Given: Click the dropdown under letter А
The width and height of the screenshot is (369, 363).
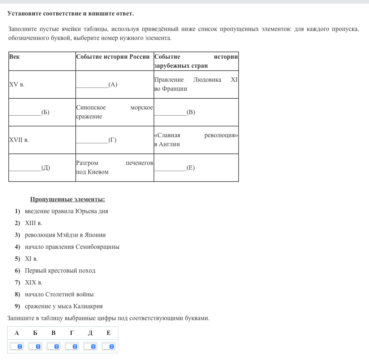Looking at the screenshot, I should point(17,346).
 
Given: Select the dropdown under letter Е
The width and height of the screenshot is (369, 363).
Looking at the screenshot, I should point(108,346).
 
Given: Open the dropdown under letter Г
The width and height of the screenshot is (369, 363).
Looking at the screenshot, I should point(72,346).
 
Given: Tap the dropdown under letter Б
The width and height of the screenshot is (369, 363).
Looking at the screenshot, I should point(35,346).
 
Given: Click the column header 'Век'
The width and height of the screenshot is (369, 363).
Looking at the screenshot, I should point(15,57).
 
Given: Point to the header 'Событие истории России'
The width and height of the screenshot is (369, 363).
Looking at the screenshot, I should point(113,57).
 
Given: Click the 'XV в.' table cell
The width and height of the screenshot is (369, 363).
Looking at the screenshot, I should point(17,85).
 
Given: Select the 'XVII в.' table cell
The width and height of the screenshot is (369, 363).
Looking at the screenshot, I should point(19,140).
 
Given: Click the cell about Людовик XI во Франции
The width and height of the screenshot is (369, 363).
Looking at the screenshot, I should point(196,84).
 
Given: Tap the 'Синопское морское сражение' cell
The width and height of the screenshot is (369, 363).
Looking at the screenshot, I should point(114,112).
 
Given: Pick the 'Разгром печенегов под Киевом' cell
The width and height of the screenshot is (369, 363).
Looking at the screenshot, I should point(114,167).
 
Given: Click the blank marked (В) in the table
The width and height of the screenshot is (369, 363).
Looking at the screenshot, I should point(174,112).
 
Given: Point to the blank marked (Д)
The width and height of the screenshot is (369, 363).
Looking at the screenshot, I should point(29,168).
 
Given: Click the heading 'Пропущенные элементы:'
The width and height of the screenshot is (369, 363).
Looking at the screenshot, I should point(67,200).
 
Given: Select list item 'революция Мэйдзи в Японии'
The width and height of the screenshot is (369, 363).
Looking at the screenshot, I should point(65,235).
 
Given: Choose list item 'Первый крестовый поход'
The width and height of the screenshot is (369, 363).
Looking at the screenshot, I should point(60,271).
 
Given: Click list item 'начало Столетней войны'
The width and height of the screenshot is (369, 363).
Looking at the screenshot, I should point(59,295).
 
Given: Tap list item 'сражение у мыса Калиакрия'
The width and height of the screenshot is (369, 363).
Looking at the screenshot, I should point(64,306).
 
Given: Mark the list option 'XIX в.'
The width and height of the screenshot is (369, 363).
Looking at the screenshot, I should point(34,283).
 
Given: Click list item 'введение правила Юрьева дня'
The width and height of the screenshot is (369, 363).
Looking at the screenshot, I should point(66,211).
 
